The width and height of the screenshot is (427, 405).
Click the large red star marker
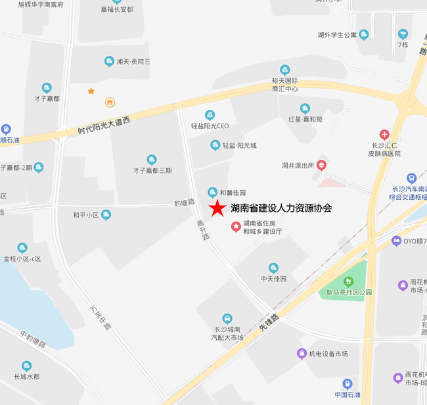tap(216, 208)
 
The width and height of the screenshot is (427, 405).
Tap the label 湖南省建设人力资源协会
tap(281, 208)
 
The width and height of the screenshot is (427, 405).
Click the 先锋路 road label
tap(269, 322)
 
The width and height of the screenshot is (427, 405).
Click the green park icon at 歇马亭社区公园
tap(349, 281)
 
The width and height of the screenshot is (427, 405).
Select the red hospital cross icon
tap(384, 134)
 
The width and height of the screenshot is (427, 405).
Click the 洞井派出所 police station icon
tap(321, 164)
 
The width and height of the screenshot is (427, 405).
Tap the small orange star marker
tap(91, 91)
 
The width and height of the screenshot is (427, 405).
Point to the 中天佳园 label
tap(273, 278)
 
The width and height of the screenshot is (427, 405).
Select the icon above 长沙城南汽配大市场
tap(227, 318)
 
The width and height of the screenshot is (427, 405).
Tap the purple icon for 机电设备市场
tap(300, 354)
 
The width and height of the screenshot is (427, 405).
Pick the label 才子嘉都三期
tap(152, 170)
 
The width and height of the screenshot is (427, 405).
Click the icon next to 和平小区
tap(106, 215)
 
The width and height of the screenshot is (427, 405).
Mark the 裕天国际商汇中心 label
tap(284, 84)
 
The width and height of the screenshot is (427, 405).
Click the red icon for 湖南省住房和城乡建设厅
tap(236, 227)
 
